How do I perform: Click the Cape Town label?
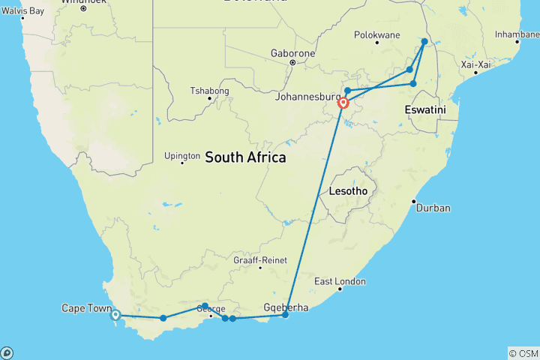(85, 308)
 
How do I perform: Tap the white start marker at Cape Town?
(115, 315)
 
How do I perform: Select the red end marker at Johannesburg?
(343, 103)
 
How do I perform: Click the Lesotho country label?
(348, 191)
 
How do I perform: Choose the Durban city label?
(433, 208)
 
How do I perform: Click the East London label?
(340, 281)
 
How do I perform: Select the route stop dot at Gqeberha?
(285, 315)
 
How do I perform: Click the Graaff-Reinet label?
(260, 260)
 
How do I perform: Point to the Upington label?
(182, 156)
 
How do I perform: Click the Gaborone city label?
(293, 54)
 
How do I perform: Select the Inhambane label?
(517, 34)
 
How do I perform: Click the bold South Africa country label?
(245, 157)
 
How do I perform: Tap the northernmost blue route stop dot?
(424, 42)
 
